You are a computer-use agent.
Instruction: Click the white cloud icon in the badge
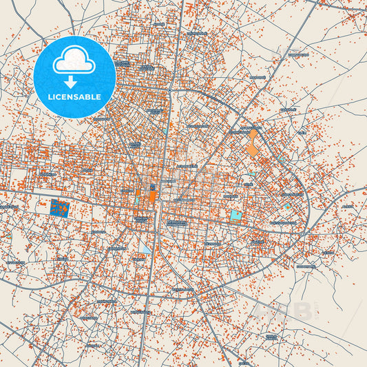click(x=74, y=61)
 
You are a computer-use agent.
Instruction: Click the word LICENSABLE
click(x=74, y=97)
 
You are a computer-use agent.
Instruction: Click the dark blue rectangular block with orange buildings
click(x=60, y=207)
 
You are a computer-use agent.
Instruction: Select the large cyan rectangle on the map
click(x=236, y=216)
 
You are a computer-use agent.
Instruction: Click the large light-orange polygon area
click(x=253, y=143)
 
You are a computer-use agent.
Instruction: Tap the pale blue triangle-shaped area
click(x=145, y=246)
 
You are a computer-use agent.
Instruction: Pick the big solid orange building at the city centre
click(x=153, y=197)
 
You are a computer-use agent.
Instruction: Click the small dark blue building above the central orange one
click(x=153, y=187)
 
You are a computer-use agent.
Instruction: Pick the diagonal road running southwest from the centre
click(x=103, y=275)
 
